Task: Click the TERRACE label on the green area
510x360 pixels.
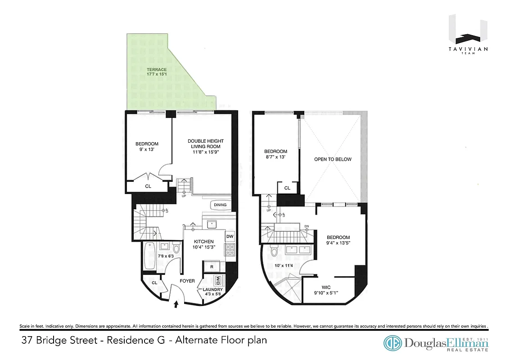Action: coord(157,70)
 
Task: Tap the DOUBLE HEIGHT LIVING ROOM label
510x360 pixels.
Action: coord(205,144)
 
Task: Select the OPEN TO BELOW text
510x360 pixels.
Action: coord(333,159)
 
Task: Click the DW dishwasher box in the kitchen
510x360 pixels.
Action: coord(230,236)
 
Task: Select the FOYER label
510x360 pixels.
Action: coord(187,281)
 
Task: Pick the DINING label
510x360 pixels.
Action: coord(220,205)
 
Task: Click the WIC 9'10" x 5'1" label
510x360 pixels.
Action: coord(326,289)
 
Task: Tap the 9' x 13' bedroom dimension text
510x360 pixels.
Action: coord(147,150)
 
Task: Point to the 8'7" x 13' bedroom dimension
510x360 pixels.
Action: coord(275,157)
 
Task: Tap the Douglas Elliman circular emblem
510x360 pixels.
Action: coord(393,343)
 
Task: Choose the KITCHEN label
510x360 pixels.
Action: coord(204,242)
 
